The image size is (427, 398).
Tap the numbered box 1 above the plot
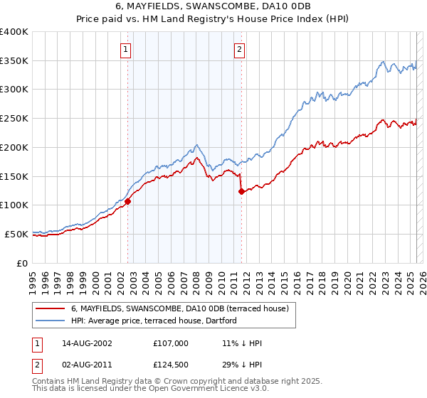tap(125, 50)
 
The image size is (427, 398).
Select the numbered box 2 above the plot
tap(238, 50)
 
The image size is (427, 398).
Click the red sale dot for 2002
tap(128, 201)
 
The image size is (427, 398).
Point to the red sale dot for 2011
tap(241, 190)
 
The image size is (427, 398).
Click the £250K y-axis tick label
tap(14, 118)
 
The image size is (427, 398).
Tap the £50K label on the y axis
tap(16, 234)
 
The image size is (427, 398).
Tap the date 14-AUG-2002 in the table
tap(81, 343)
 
